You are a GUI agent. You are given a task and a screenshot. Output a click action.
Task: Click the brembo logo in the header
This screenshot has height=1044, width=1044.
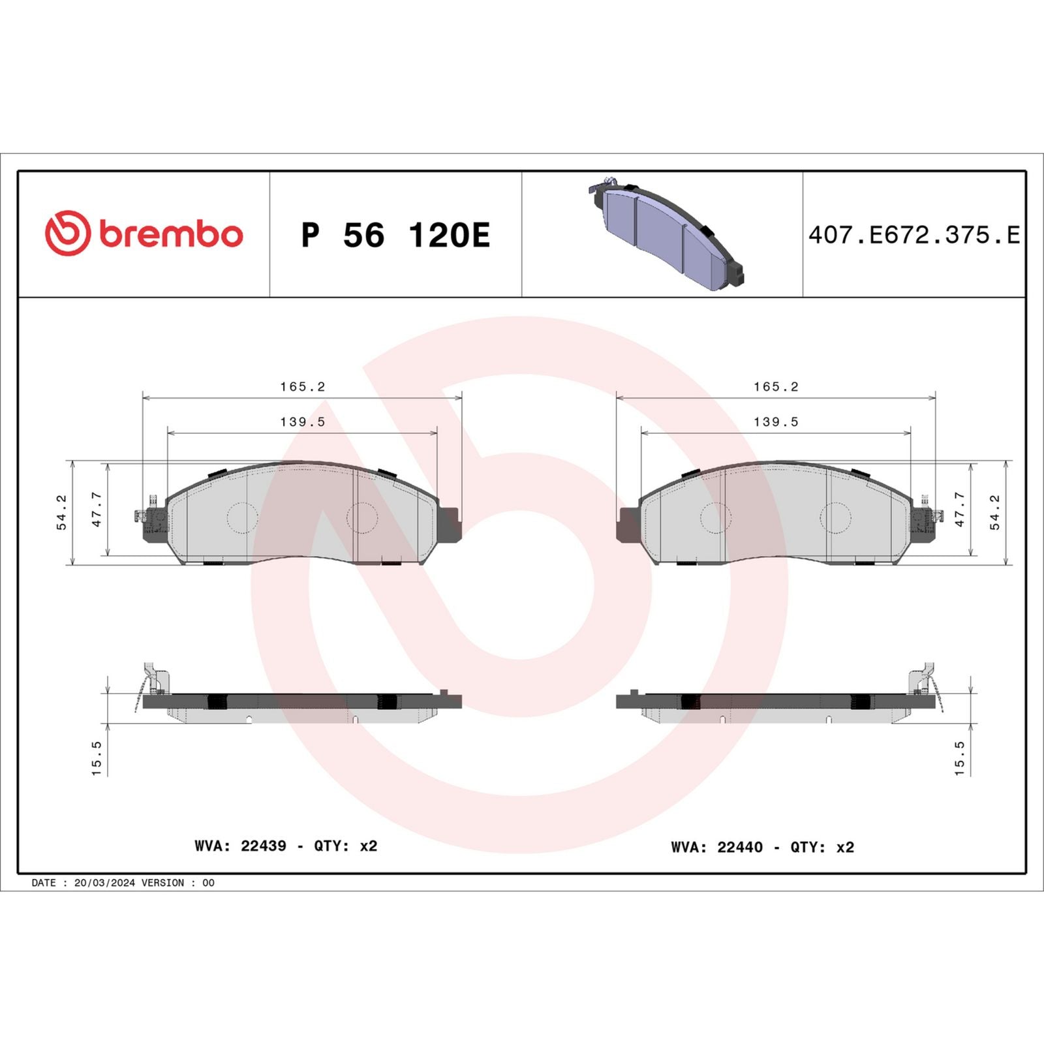coord(144,234)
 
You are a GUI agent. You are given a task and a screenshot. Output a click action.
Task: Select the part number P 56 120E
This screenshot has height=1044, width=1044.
coord(395,235)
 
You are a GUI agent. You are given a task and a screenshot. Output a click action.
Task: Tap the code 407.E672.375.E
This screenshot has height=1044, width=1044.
coord(913,235)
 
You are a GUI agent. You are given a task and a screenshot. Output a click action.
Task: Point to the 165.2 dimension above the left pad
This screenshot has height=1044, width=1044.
coord(302,386)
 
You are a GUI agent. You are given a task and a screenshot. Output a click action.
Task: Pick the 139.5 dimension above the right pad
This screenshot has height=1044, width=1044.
coord(776,422)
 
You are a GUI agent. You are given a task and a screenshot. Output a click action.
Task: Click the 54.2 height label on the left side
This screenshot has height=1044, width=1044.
coord(61,512)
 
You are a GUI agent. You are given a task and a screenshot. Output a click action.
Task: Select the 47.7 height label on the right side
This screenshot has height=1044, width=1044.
coord(959,510)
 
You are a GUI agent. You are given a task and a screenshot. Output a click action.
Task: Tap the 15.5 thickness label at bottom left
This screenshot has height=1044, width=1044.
coord(97,758)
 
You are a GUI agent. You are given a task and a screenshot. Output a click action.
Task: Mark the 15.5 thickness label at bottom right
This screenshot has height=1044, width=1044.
coord(959,758)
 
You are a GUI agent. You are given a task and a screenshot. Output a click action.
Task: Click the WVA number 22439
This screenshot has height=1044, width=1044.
coord(263,846)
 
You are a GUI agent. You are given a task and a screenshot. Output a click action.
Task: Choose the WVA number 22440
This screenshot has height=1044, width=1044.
coord(739,847)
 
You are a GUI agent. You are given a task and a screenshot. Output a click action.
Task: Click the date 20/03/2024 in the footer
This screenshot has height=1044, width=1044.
coord(104,883)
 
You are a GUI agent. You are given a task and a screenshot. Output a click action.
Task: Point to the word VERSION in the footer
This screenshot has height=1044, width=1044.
coord(162,883)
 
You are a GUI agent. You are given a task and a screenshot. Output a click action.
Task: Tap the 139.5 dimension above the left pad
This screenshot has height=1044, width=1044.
coord(302,422)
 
